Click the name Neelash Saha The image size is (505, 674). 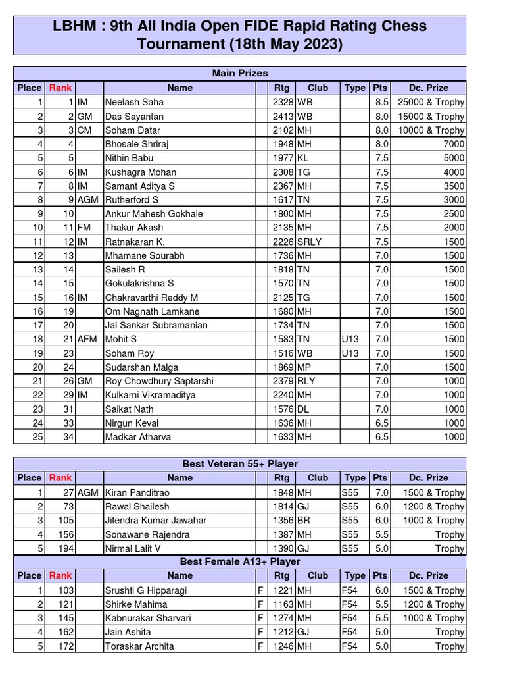pyautogui.click(x=134, y=102)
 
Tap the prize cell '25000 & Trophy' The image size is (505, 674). pyautogui.click(x=431, y=102)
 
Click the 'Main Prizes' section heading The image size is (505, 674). pyautogui.click(x=240, y=73)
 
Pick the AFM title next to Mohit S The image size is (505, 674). pyautogui.click(x=87, y=340)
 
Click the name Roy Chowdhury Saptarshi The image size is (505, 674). pyautogui.click(x=159, y=381)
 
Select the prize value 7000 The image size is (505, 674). pyautogui.click(x=453, y=144)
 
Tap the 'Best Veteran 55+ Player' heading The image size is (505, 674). pyautogui.click(x=240, y=464)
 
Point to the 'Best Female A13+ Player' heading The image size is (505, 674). pyautogui.click(x=240, y=561)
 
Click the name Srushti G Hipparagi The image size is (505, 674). pyautogui.click(x=146, y=590)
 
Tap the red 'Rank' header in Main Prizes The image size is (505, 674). pyautogui.click(x=60, y=88)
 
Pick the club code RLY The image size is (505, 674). pyautogui.click(x=306, y=381)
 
